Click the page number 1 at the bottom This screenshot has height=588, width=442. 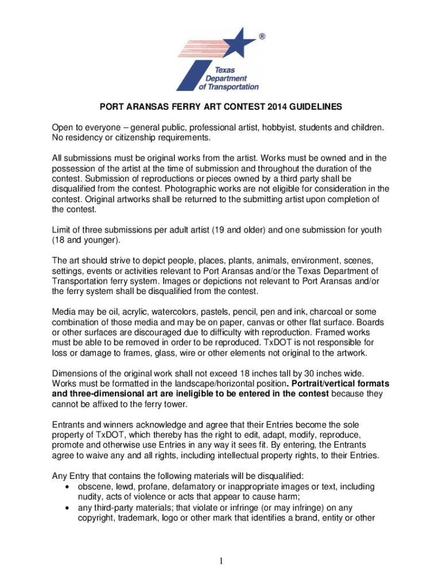click(220, 561)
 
